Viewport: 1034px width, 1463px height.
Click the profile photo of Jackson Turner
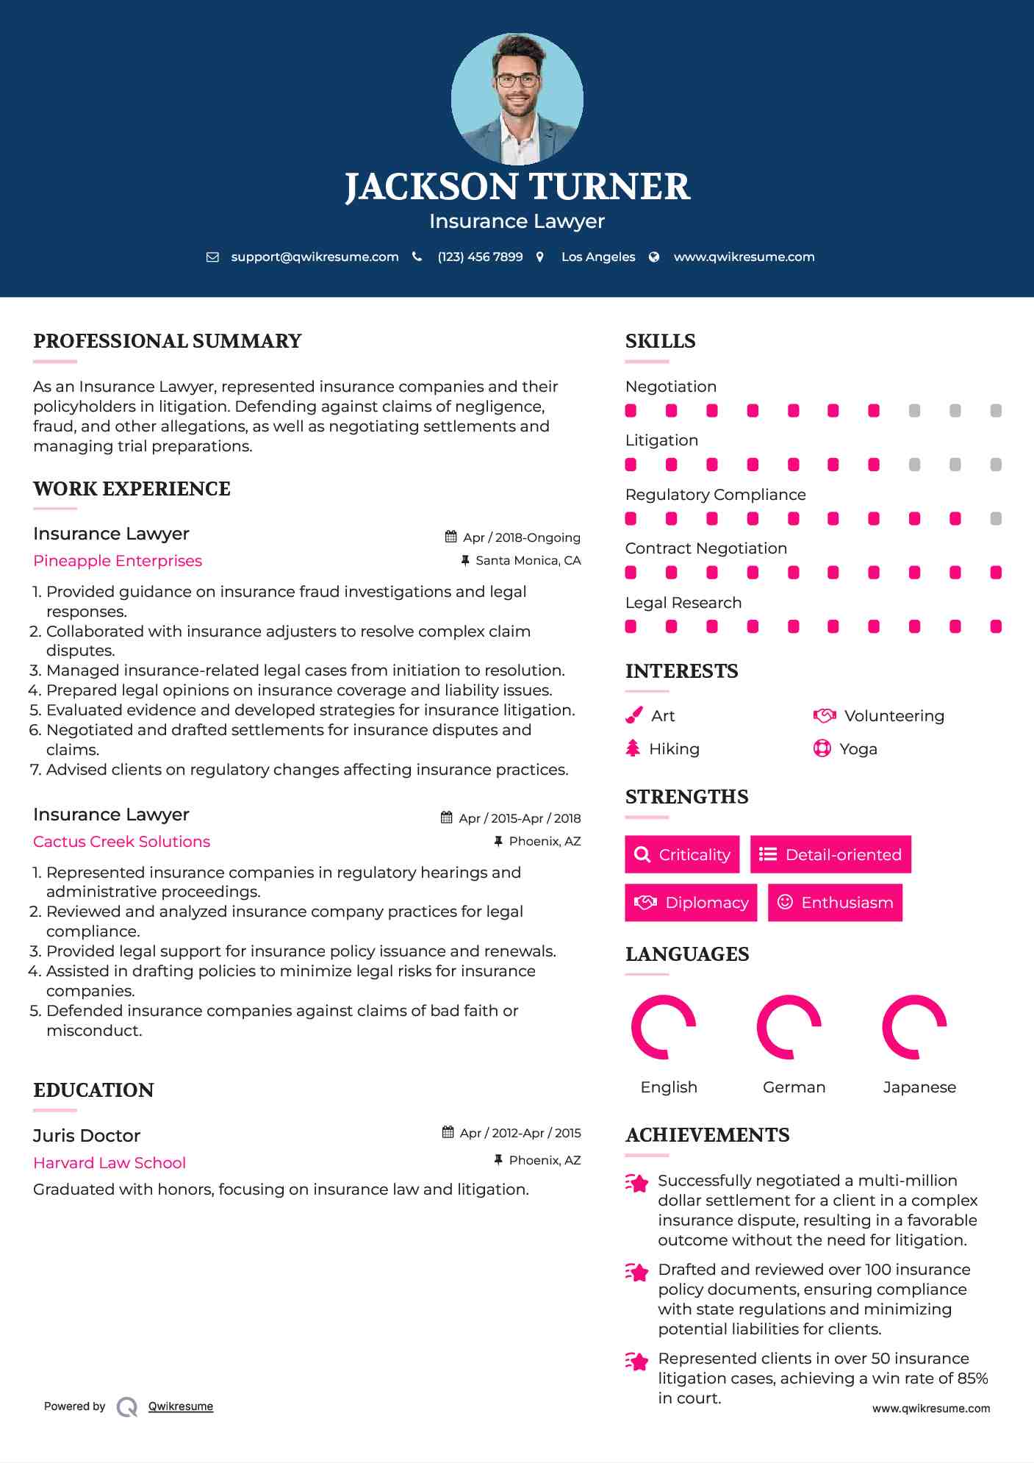[517, 99]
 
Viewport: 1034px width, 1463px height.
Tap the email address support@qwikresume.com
[315, 257]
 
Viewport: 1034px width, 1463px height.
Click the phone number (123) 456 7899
[480, 257]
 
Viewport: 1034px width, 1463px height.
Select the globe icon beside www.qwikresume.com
[654, 257]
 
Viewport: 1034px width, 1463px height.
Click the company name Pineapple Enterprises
[118, 561]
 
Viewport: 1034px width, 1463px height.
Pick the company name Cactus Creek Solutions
[122, 842]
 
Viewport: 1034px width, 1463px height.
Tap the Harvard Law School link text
[109, 1163]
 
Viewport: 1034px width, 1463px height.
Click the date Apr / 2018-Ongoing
[521, 537]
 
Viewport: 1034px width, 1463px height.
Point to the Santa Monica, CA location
[528, 560]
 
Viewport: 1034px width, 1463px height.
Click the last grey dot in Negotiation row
[996, 411]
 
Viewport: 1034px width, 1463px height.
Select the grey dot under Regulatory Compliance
[996, 519]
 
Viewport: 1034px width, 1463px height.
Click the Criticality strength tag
[682, 854]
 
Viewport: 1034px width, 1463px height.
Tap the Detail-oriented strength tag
[830, 854]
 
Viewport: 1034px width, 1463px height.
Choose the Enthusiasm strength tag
[835, 902]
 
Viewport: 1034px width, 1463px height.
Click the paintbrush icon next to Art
[633, 715]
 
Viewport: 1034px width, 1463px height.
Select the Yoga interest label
[858, 749]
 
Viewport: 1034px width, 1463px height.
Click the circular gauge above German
[789, 1027]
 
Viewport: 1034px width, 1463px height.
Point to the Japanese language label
[919, 1087]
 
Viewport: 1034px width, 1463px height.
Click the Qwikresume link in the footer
[181, 1406]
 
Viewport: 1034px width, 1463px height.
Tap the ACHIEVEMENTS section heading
[707, 1135]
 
